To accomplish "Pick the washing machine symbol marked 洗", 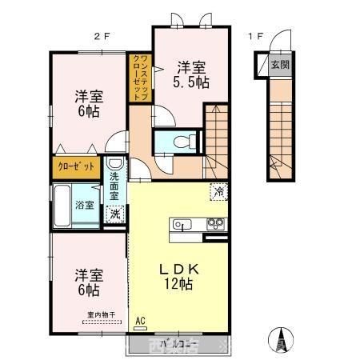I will [117, 214].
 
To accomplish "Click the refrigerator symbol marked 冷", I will [218, 192].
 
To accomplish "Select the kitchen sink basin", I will [180, 225].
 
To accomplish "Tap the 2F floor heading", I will [101, 36].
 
